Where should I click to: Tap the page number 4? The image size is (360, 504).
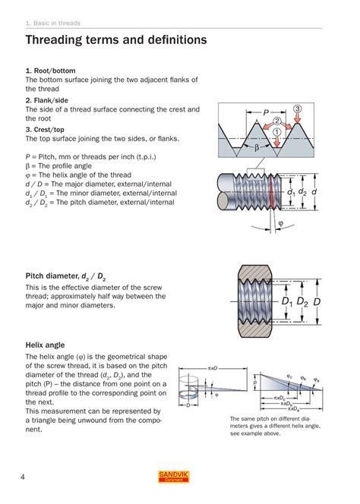pos(24,476)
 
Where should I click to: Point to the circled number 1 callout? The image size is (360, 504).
pos(277,131)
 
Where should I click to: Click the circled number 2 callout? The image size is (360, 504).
pos(277,120)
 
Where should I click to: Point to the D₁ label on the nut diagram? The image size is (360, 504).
pos(286,302)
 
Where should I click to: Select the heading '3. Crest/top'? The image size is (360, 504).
pos(46,129)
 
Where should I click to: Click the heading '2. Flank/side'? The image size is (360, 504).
pos(47,99)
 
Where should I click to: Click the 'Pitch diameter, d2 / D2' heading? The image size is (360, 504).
pos(65,277)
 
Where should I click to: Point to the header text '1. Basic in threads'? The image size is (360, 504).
pos(53,23)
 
